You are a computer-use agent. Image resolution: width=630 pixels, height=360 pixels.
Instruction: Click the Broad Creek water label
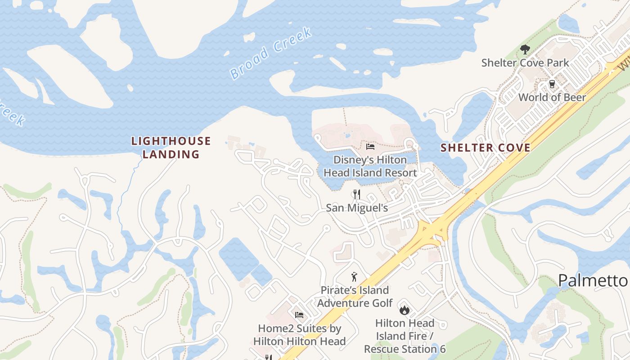click(271, 53)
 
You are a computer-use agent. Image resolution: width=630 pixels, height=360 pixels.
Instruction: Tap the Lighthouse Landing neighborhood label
click(171, 148)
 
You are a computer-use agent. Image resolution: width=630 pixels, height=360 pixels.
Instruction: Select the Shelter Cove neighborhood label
click(485, 148)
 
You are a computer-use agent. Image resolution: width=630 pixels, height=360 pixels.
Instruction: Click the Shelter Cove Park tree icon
click(525, 49)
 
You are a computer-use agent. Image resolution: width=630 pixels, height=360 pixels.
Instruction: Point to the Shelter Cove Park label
click(525, 63)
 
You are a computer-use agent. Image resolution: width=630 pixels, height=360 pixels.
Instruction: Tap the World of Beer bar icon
click(552, 84)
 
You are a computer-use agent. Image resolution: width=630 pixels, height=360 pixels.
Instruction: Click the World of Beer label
click(552, 97)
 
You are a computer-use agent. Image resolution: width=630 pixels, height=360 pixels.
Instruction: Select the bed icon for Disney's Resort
click(370, 146)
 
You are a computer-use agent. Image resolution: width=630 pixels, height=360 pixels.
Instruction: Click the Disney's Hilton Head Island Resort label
click(370, 166)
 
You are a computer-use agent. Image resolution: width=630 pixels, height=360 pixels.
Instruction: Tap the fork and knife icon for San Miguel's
click(356, 194)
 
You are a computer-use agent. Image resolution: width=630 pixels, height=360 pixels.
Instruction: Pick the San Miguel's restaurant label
click(356, 207)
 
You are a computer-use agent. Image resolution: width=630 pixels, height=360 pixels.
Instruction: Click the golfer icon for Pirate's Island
click(355, 277)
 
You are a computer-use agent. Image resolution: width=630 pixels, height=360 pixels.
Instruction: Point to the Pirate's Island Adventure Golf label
click(355, 297)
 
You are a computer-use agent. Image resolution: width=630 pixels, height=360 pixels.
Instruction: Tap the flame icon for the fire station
click(404, 310)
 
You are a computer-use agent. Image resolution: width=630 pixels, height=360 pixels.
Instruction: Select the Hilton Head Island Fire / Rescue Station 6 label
click(405, 336)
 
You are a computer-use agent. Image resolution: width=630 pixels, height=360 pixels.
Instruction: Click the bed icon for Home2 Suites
click(299, 315)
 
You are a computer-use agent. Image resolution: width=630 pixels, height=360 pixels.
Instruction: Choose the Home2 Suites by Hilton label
click(299, 335)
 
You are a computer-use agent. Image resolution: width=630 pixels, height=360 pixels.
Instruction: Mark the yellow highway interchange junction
click(431, 231)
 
